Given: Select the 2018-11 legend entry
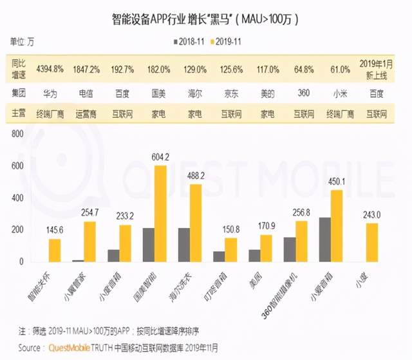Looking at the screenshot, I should click(x=188, y=41).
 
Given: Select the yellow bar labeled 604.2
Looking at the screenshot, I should click(x=160, y=214).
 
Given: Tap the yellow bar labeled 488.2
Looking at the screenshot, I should click(x=195, y=223).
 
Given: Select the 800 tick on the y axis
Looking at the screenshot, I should click(x=17, y=134).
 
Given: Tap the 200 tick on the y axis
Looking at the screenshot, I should click(x=17, y=230).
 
